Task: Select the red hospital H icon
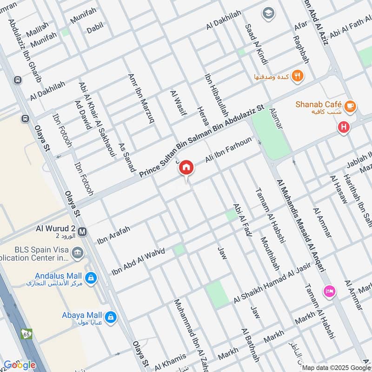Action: coord(344,126)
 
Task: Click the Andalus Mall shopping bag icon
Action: coord(92,278)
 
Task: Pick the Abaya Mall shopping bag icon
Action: coord(110,318)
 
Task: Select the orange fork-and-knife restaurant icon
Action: coord(298,75)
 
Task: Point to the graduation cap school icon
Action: coord(268,13)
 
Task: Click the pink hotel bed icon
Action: coord(329,291)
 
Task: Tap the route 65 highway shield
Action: coord(26,333)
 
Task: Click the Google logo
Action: coord(19,365)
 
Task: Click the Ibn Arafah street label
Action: coord(114,234)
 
